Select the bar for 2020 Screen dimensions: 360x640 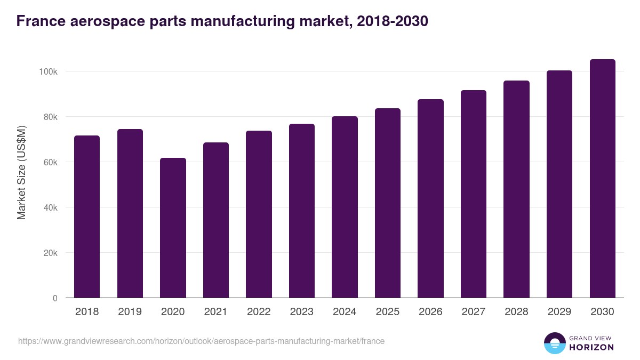[173, 228]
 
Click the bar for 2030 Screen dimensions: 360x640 [602, 179]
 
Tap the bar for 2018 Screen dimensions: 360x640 [87, 217]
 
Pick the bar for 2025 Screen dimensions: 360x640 [388, 203]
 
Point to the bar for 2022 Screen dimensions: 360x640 [259, 214]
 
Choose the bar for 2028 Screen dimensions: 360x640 [516, 189]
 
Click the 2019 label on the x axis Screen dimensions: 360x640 [130, 312]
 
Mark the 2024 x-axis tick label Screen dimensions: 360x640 [345, 312]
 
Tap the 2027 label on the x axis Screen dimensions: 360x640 [473, 312]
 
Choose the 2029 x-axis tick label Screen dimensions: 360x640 [559, 312]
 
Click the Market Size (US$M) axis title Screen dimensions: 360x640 [21, 173]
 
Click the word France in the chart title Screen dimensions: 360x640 [41, 21]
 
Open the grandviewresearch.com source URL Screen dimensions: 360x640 [201, 341]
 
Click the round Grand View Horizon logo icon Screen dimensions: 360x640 [554, 343]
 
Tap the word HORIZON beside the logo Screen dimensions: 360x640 [591, 347]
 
